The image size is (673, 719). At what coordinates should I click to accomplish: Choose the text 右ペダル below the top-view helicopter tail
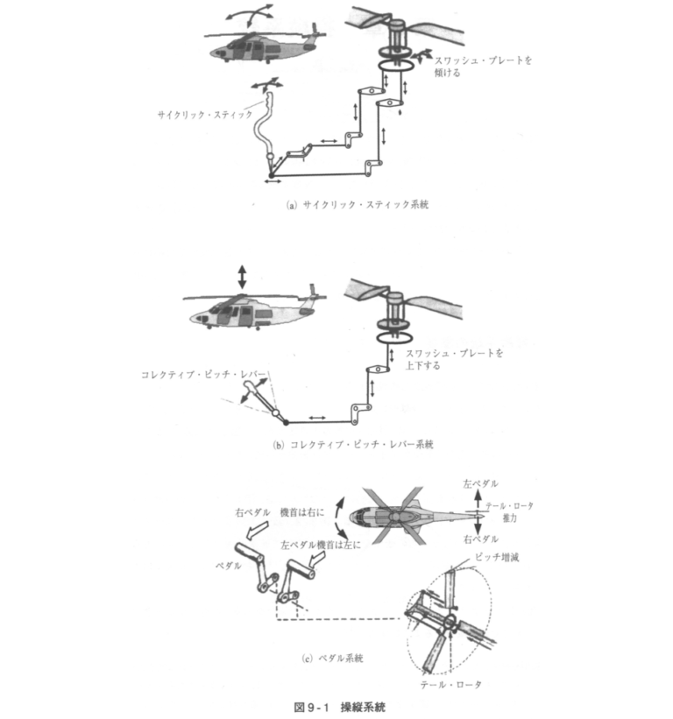tap(479, 540)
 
